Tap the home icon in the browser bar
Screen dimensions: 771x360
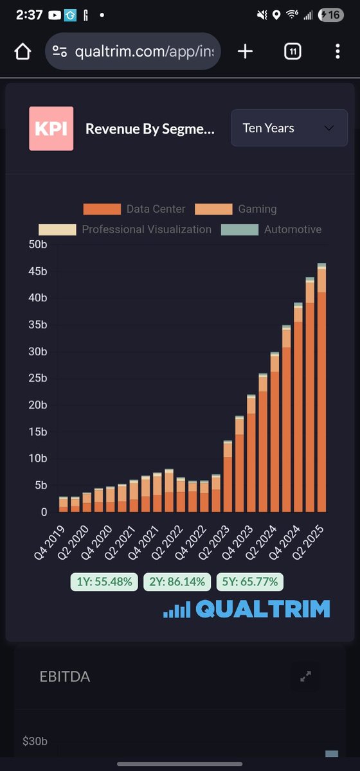point(22,51)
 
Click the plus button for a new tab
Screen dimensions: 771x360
point(245,51)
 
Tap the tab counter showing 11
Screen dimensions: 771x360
point(292,51)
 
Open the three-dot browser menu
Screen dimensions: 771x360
point(337,51)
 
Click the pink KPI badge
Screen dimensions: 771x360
point(51,128)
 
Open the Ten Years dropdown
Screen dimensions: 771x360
point(289,128)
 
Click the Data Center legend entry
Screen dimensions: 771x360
point(134,209)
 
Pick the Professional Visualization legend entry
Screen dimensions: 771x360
point(125,229)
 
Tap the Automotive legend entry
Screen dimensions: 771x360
point(271,229)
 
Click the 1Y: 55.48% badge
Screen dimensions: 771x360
point(104,582)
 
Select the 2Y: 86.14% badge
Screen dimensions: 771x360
point(177,582)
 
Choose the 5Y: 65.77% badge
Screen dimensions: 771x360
point(250,582)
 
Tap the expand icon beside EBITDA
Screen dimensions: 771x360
point(306,676)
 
